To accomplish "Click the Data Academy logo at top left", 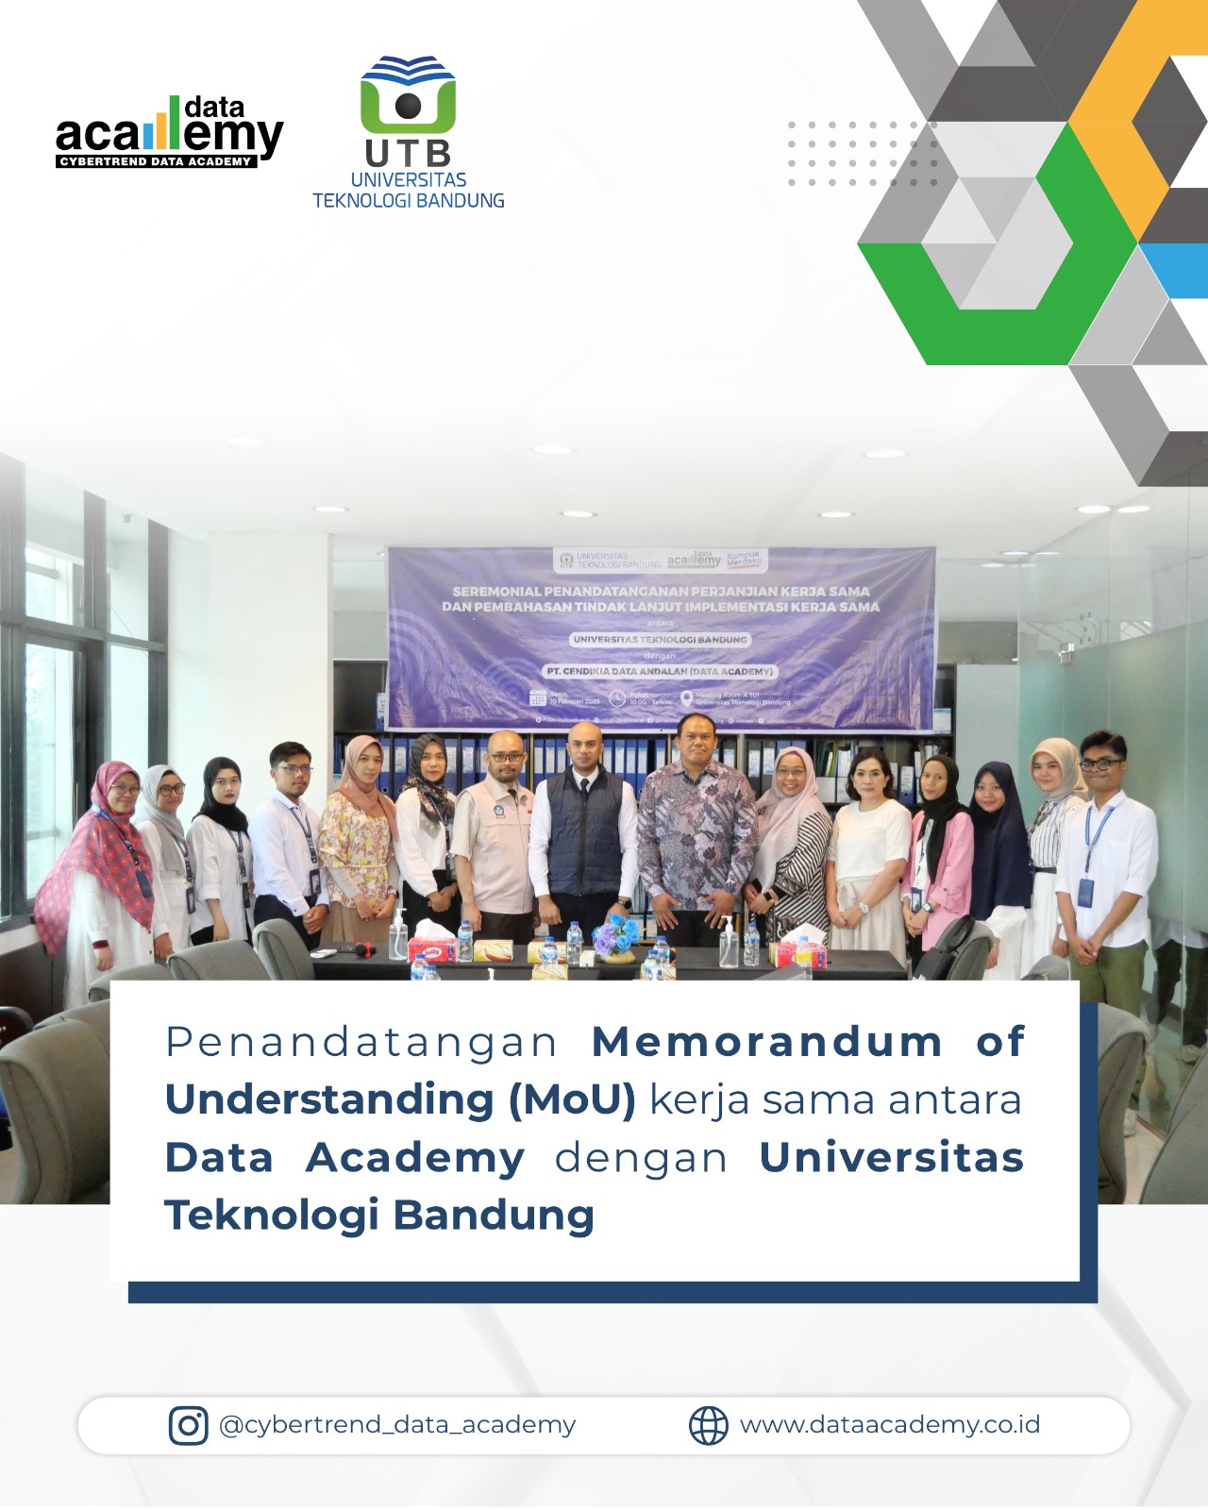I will click(169, 132).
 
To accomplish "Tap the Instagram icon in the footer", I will click(188, 1425).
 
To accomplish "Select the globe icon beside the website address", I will click(708, 1425).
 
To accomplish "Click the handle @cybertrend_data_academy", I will click(396, 1425).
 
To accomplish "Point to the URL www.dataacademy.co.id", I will click(889, 1425).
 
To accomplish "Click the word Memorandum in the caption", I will click(766, 1042).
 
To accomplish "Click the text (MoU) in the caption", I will click(573, 1099).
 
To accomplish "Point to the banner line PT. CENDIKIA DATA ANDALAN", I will click(660, 671).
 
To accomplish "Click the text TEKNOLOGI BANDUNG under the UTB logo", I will click(408, 200).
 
